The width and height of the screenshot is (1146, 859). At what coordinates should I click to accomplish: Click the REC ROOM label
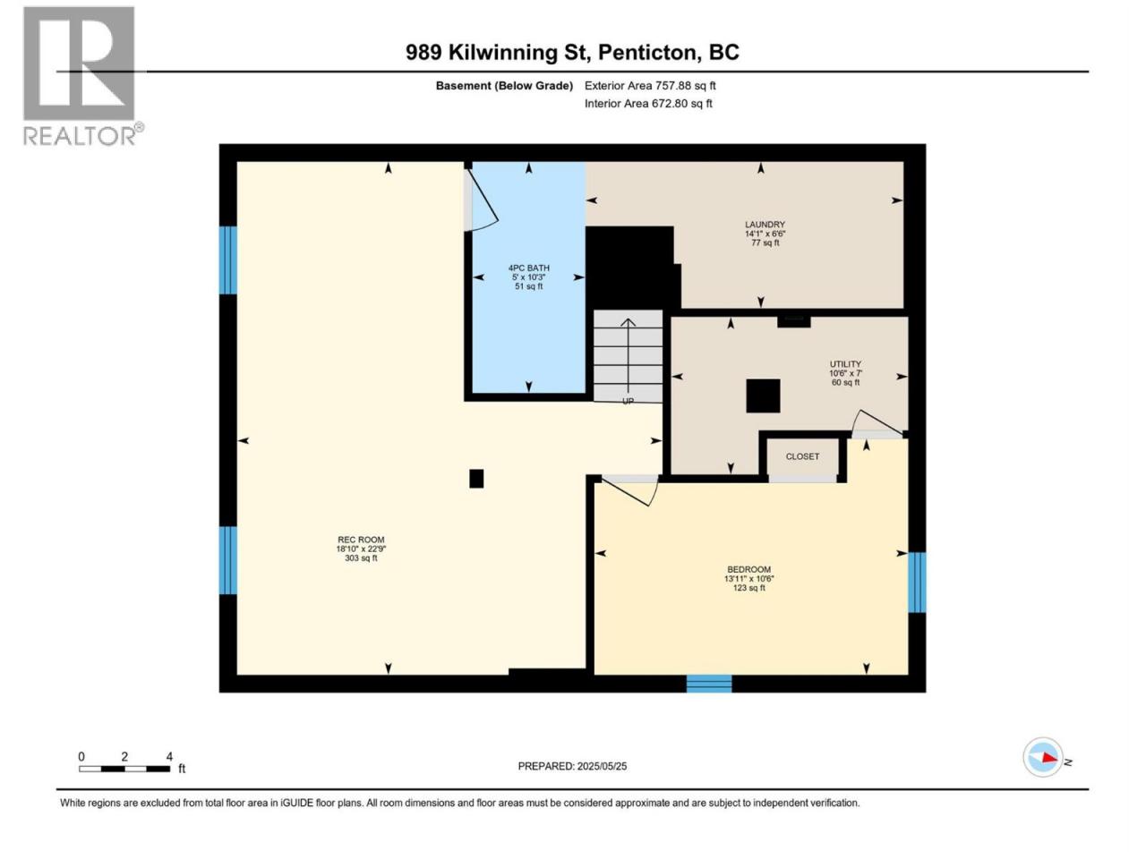pos(361,540)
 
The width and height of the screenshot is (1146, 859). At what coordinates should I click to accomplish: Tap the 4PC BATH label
pos(529,268)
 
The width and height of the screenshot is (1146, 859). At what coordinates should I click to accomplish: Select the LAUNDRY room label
pos(765,225)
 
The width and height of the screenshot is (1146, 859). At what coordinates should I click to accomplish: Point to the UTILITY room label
pos(845,364)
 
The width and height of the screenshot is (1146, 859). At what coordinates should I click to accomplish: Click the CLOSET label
pos(802,456)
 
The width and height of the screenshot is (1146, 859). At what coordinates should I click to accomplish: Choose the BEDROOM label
pos(748,570)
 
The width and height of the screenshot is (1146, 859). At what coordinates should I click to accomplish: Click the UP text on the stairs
pos(628,401)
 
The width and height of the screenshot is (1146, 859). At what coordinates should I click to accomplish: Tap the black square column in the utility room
pos(763,395)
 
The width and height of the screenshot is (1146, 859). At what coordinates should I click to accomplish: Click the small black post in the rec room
pos(476,478)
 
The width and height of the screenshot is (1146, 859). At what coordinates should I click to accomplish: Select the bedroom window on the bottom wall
pos(708,684)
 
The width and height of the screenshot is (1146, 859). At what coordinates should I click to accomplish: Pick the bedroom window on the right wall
pos(917,582)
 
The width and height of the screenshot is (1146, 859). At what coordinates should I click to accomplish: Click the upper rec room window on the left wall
pos(228,259)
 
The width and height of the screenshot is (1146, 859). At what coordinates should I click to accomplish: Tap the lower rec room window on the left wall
pos(228,560)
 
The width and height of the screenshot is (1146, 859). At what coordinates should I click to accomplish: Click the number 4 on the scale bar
pos(169,756)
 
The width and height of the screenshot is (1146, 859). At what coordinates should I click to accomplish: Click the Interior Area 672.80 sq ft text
pos(648,103)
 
